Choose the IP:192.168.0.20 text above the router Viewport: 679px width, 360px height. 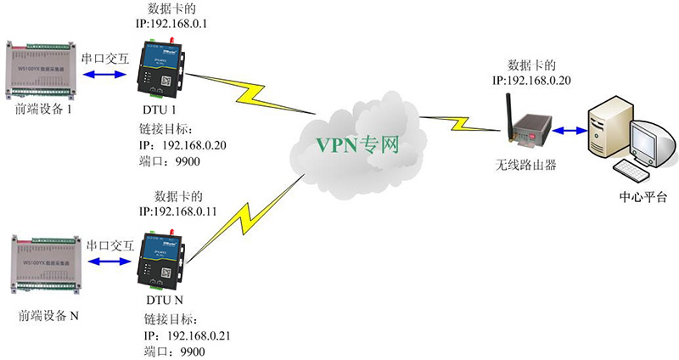[536, 80]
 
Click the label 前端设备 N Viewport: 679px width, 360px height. [48, 318]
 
